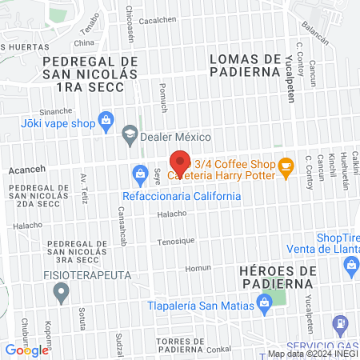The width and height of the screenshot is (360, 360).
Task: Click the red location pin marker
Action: click(x=181, y=162)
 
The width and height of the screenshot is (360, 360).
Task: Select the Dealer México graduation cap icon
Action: click(x=129, y=135)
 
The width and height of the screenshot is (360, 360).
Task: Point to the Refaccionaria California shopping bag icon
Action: click(x=139, y=173)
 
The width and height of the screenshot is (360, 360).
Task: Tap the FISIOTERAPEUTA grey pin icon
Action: click(x=60, y=294)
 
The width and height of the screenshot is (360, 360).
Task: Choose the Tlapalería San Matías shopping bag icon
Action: click(x=262, y=302)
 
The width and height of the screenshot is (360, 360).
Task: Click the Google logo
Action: click(x=26, y=350)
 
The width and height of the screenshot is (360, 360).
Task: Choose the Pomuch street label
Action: click(x=162, y=95)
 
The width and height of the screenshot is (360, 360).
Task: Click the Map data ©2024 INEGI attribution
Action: click(x=313, y=354)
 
